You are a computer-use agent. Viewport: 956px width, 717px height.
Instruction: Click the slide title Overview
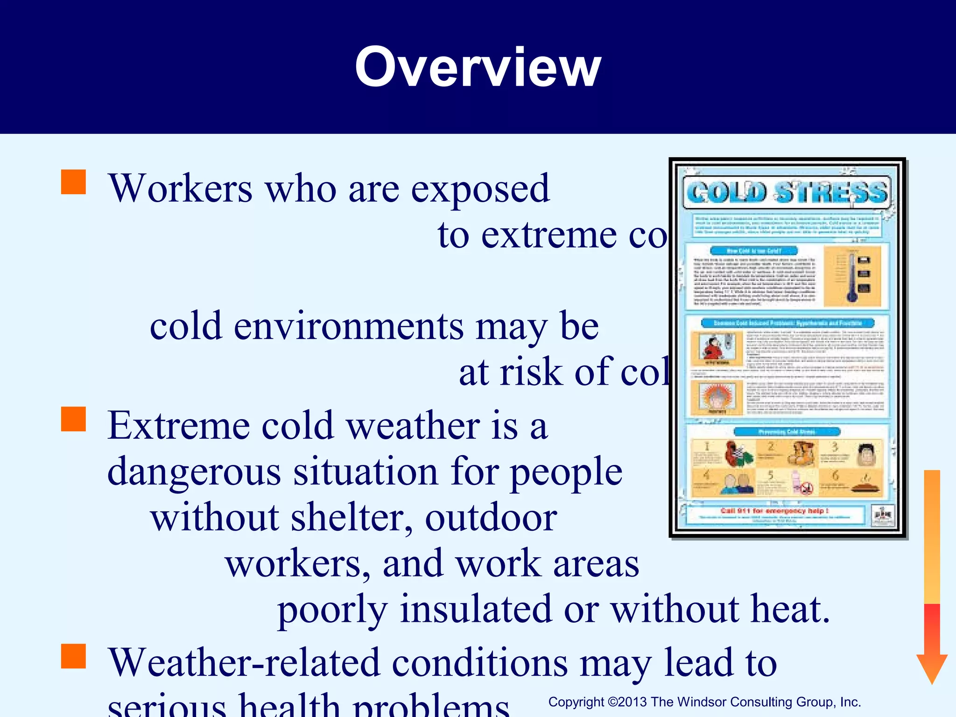478,68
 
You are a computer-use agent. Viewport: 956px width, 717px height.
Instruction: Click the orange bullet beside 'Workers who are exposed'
74,182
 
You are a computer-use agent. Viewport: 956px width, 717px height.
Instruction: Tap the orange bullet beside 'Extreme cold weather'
74,419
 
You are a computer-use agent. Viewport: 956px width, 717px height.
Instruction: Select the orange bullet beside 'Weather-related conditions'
74,656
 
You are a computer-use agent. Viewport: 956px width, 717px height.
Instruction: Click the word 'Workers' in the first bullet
180,189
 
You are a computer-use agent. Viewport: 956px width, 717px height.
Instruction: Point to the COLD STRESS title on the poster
787,192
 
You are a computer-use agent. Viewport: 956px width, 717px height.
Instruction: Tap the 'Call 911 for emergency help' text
774,511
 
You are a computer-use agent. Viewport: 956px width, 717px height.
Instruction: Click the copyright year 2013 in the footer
633,702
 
